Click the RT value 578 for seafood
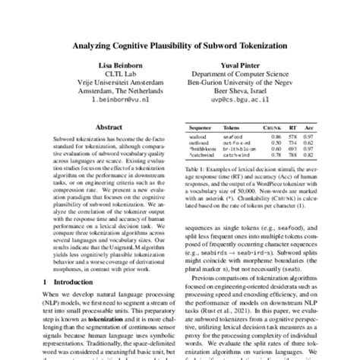(x=292, y=137)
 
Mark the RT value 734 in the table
(x=292, y=143)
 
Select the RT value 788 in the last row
(x=292, y=156)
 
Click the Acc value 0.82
(x=308, y=156)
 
